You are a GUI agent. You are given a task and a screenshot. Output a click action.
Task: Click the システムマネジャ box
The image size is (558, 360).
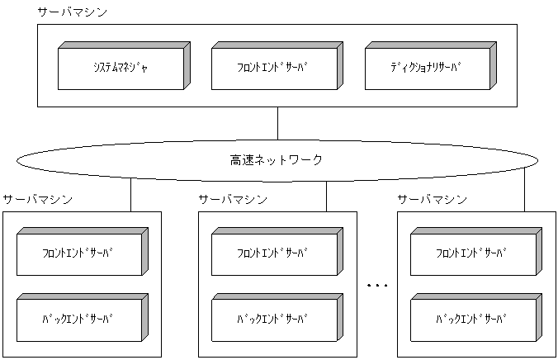click(121, 66)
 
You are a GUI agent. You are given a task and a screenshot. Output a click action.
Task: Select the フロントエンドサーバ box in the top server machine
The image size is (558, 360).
click(273, 66)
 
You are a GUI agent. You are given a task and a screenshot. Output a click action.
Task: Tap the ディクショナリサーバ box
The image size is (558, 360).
click(427, 66)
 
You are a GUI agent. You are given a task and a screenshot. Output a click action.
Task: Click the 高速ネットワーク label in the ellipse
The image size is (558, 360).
click(277, 159)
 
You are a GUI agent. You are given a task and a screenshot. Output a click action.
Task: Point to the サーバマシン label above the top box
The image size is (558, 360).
click(72, 13)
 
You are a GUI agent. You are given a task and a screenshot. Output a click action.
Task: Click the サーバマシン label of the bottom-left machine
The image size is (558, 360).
click(37, 200)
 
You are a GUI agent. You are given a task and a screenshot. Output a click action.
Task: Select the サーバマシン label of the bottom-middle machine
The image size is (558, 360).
click(233, 200)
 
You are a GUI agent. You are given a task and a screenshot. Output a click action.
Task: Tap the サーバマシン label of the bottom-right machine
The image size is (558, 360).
click(432, 200)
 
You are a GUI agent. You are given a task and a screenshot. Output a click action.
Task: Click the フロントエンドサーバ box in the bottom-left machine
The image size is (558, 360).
click(79, 253)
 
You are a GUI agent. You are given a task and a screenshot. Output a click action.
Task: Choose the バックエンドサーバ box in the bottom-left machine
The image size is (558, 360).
click(79, 317)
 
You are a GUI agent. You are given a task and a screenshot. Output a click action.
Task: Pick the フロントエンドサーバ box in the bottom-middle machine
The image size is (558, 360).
click(274, 253)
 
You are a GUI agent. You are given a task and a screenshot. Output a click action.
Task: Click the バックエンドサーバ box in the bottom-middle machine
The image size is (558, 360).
click(274, 317)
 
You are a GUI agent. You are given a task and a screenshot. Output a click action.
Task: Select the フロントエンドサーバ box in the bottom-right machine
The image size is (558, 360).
click(472, 253)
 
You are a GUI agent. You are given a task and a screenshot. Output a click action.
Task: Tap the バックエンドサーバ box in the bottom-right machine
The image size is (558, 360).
click(472, 317)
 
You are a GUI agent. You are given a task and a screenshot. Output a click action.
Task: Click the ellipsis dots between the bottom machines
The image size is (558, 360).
click(376, 285)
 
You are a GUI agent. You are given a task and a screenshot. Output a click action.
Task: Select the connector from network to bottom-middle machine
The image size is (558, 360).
click(327, 197)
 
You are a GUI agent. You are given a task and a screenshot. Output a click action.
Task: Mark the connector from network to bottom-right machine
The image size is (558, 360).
click(524, 192)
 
